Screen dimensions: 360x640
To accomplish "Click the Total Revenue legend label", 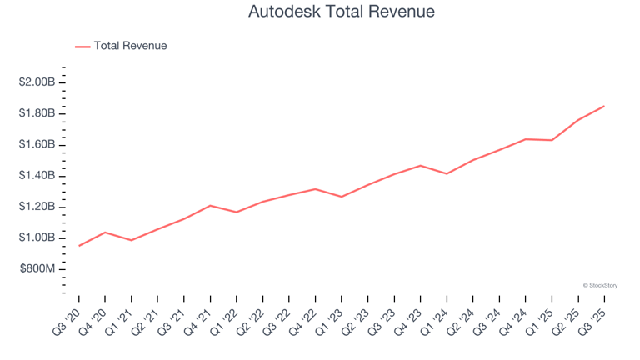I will click(x=130, y=46).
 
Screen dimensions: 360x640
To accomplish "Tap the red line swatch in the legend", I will click(x=82, y=47).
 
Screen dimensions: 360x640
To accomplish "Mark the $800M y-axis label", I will click(x=37, y=269).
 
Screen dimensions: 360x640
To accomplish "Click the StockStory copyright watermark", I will click(x=600, y=285).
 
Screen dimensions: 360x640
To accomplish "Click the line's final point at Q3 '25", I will click(x=604, y=106).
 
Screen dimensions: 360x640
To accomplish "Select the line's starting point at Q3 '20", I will click(x=79, y=246).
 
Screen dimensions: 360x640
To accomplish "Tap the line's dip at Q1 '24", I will click(x=447, y=174).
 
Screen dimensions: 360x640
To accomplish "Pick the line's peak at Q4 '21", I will click(x=210, y=205).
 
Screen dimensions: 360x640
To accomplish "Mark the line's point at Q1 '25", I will click(x=552, y=140).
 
